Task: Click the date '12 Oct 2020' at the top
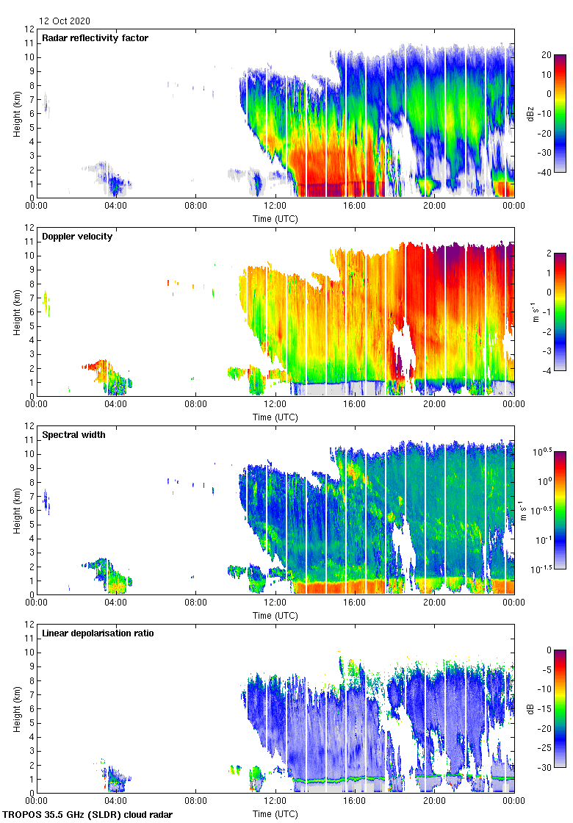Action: (x=65, y=21)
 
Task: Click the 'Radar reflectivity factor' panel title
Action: (x=95, y=37)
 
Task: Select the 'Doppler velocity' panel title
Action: (x=77, y=236)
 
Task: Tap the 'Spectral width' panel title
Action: (x=74, y=434)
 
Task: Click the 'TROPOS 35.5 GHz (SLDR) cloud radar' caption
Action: (x=88, y=815)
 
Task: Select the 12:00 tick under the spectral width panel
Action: (x=275, y=602)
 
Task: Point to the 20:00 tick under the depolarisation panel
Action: (x=434, y=800)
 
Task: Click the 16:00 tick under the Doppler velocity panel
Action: (x=355, y=404)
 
